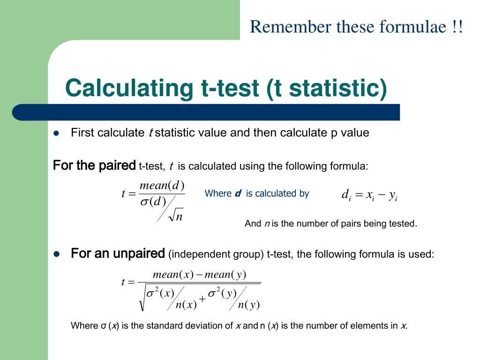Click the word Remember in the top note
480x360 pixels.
291,26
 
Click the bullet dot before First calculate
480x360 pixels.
56,133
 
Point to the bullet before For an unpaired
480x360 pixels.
57,254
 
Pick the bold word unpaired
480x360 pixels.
139,254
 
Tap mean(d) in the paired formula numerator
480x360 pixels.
162,186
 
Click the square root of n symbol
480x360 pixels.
176,216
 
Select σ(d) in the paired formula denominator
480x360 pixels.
153,202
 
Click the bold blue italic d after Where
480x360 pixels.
238,194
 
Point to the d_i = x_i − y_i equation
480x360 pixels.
369,195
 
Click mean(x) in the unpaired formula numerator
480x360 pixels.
173,274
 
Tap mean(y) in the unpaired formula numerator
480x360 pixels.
225,274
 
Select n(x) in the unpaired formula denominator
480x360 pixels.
186,305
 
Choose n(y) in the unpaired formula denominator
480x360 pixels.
248,305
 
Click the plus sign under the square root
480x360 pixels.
202,299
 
